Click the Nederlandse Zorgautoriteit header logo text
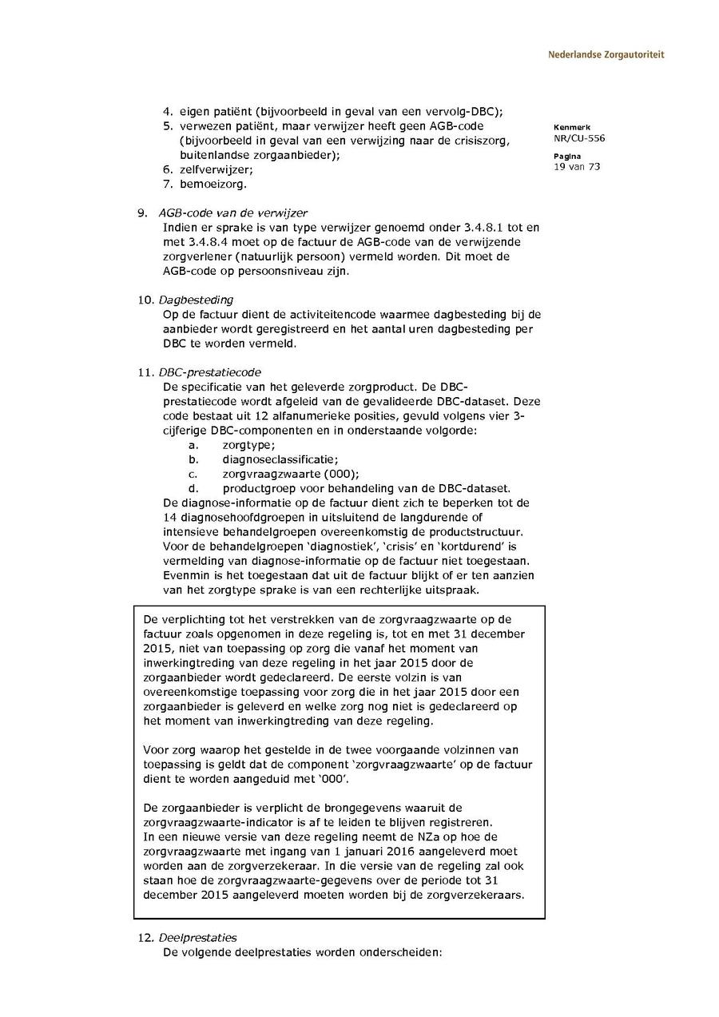pyautogui.click(x=606, y=55)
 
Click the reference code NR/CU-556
pyautogui.click(x=578, y=138)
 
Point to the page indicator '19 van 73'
pyautogui.click(x=576, y=167)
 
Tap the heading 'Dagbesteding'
pyautogui.click(x=196, y=300)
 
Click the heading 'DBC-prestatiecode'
pyautogui.click(x=209, y=372)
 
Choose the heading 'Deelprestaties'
pyautogui.click(x=197, y=938)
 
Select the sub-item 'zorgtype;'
pyautogui.click(x=248, y=445)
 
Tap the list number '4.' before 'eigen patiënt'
pyautogui.click(x=168, y=111)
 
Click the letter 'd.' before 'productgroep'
pyautogui.click(x=193, y=488)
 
